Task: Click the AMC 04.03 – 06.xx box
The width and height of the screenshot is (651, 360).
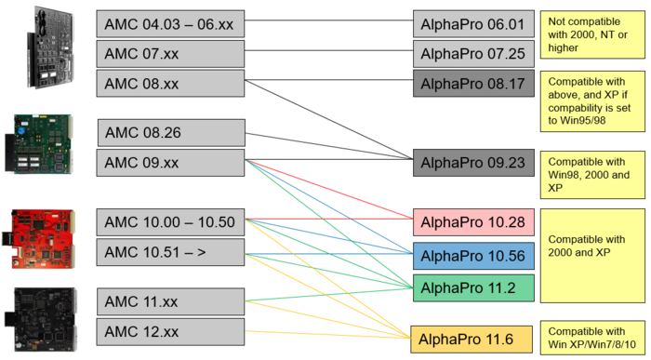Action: pos(170,23)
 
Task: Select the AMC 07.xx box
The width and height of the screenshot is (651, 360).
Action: pos(170,53)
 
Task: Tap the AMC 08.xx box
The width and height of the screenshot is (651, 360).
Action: pos(170,83)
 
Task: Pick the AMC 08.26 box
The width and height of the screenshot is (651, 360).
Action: pos(170,132)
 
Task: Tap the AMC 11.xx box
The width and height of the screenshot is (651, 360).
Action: pos(170,301)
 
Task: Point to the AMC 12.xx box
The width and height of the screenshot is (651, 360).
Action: pos(170,331)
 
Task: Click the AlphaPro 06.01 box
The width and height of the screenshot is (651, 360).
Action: pos(473,25)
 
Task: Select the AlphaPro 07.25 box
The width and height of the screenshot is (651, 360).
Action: pos(473,55)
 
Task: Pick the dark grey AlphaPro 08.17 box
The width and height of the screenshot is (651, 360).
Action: pos(473,85)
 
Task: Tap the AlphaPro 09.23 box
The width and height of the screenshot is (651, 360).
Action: pos(473,163)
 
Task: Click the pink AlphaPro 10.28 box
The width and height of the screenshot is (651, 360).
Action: pos(473,222)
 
